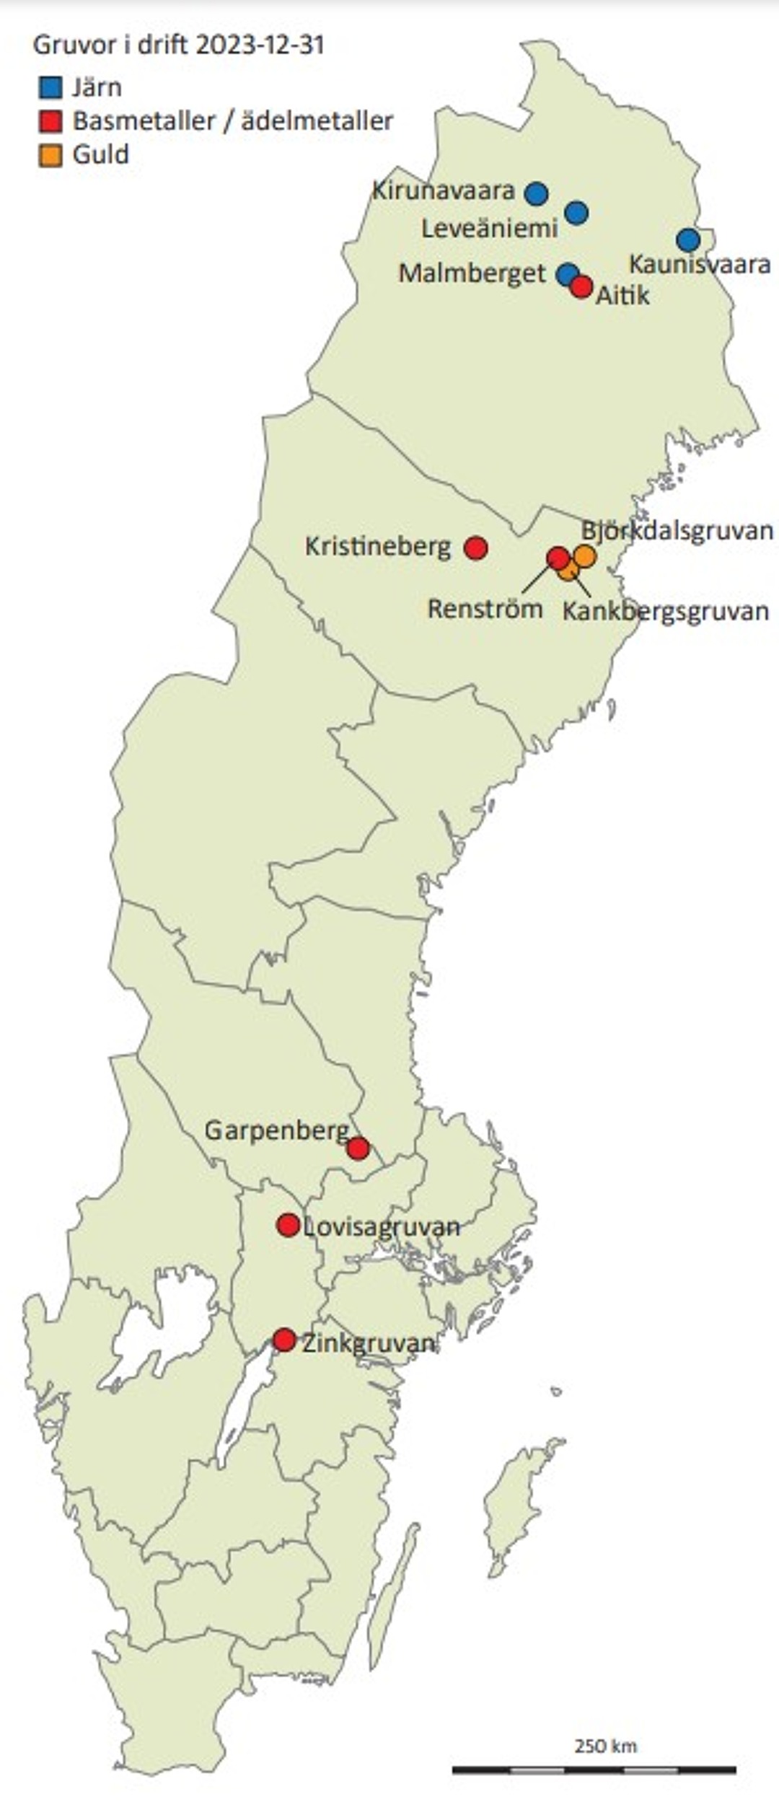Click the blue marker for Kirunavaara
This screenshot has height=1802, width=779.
pos(536,193)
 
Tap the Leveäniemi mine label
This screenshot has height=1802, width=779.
pos(490,229)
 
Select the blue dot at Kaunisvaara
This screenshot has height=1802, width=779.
pos(688,240)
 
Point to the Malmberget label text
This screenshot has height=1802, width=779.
pos(472,273)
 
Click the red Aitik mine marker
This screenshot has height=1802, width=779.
pos(581,287)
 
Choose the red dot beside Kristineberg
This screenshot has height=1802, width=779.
pos(475,548)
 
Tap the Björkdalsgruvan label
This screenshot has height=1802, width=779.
pos(677,531)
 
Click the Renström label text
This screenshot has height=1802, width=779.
pos(485,609)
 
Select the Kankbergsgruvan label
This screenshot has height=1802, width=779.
pos(665,612)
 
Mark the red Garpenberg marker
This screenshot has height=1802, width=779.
pos(358,1148)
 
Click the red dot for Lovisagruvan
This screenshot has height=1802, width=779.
pos(288,1224)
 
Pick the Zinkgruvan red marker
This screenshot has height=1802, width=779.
pos(284,1340)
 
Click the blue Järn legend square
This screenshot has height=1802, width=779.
pos(50,88)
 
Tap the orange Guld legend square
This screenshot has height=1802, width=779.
pos(50,156)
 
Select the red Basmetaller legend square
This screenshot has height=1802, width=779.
pos(50,122)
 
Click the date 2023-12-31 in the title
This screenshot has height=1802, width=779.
pos(260,45)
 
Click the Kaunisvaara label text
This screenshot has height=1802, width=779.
pos(700,265)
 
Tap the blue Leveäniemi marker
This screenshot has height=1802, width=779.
pos(576,213)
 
